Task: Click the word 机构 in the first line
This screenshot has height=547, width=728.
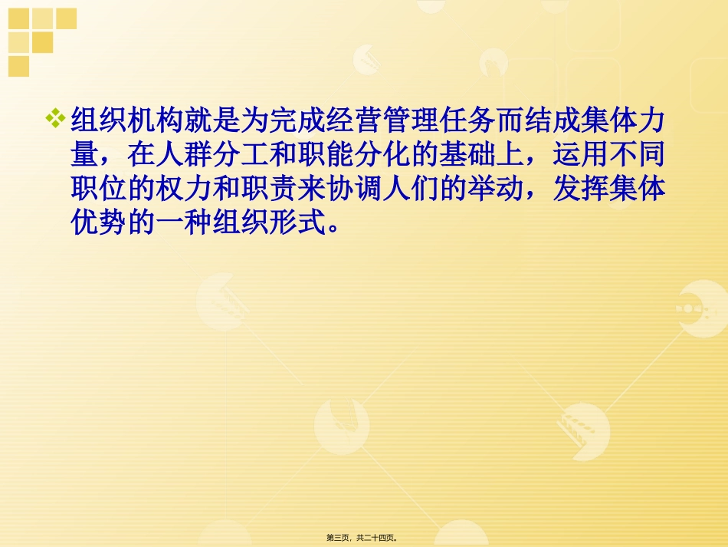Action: coord(150,121)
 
